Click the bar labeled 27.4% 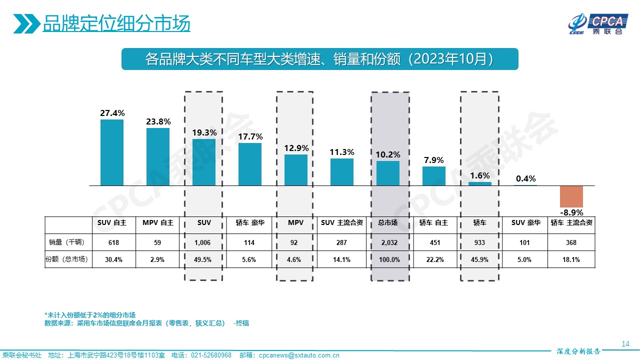[112, 152]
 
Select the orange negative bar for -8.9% [571, 196]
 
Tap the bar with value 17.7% [249, 164]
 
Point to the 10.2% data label [388, 154]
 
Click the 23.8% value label [158, 121]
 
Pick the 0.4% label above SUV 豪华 [525, 178]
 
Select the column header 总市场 [388, 223]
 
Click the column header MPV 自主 [158, 223]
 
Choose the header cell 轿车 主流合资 [571, 223]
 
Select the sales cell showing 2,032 [388, 242]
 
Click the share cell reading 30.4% [112, 259]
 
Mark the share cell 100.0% [388, 259]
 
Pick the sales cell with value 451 [434, 242]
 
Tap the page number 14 [625, 344]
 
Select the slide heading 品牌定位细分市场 [116, 23]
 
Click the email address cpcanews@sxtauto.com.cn [299, 355]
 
